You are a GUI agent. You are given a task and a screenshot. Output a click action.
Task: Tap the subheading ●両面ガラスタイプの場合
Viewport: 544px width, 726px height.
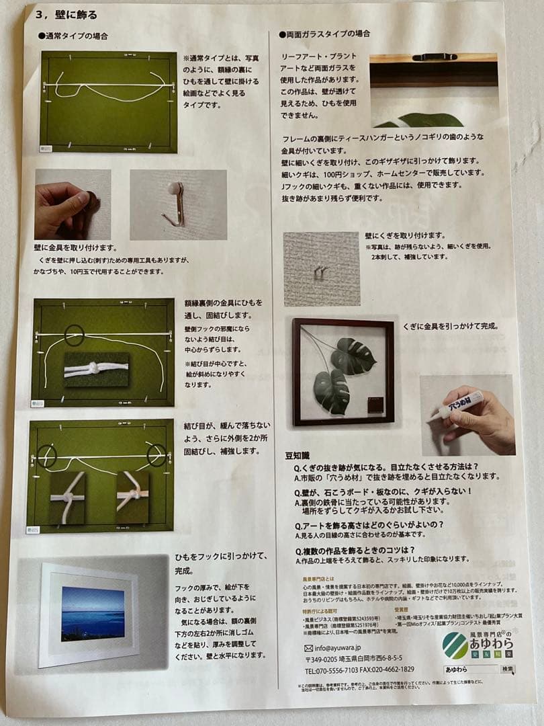pos(324,34)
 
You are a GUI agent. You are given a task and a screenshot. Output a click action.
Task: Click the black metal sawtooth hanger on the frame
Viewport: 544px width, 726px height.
pos(434,58)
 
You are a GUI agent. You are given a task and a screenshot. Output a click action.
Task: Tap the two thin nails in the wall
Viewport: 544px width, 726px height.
pos(320,272)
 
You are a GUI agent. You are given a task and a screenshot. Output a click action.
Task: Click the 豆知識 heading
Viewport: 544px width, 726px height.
pos(300,454)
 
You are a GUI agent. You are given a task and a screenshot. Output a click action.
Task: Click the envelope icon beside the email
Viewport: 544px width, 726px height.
pos(308,648)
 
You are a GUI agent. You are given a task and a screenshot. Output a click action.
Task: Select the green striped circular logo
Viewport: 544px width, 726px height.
pos(455,645)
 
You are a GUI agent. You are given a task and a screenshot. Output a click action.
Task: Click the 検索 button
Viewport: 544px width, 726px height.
pos(508,670)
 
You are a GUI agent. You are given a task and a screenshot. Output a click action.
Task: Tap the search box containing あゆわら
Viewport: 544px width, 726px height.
pos(470,670)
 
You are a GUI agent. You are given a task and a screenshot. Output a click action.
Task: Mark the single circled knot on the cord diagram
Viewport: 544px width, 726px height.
pos(74,335)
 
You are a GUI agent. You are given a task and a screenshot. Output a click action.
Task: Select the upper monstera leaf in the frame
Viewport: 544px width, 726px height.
pos(354,356)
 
